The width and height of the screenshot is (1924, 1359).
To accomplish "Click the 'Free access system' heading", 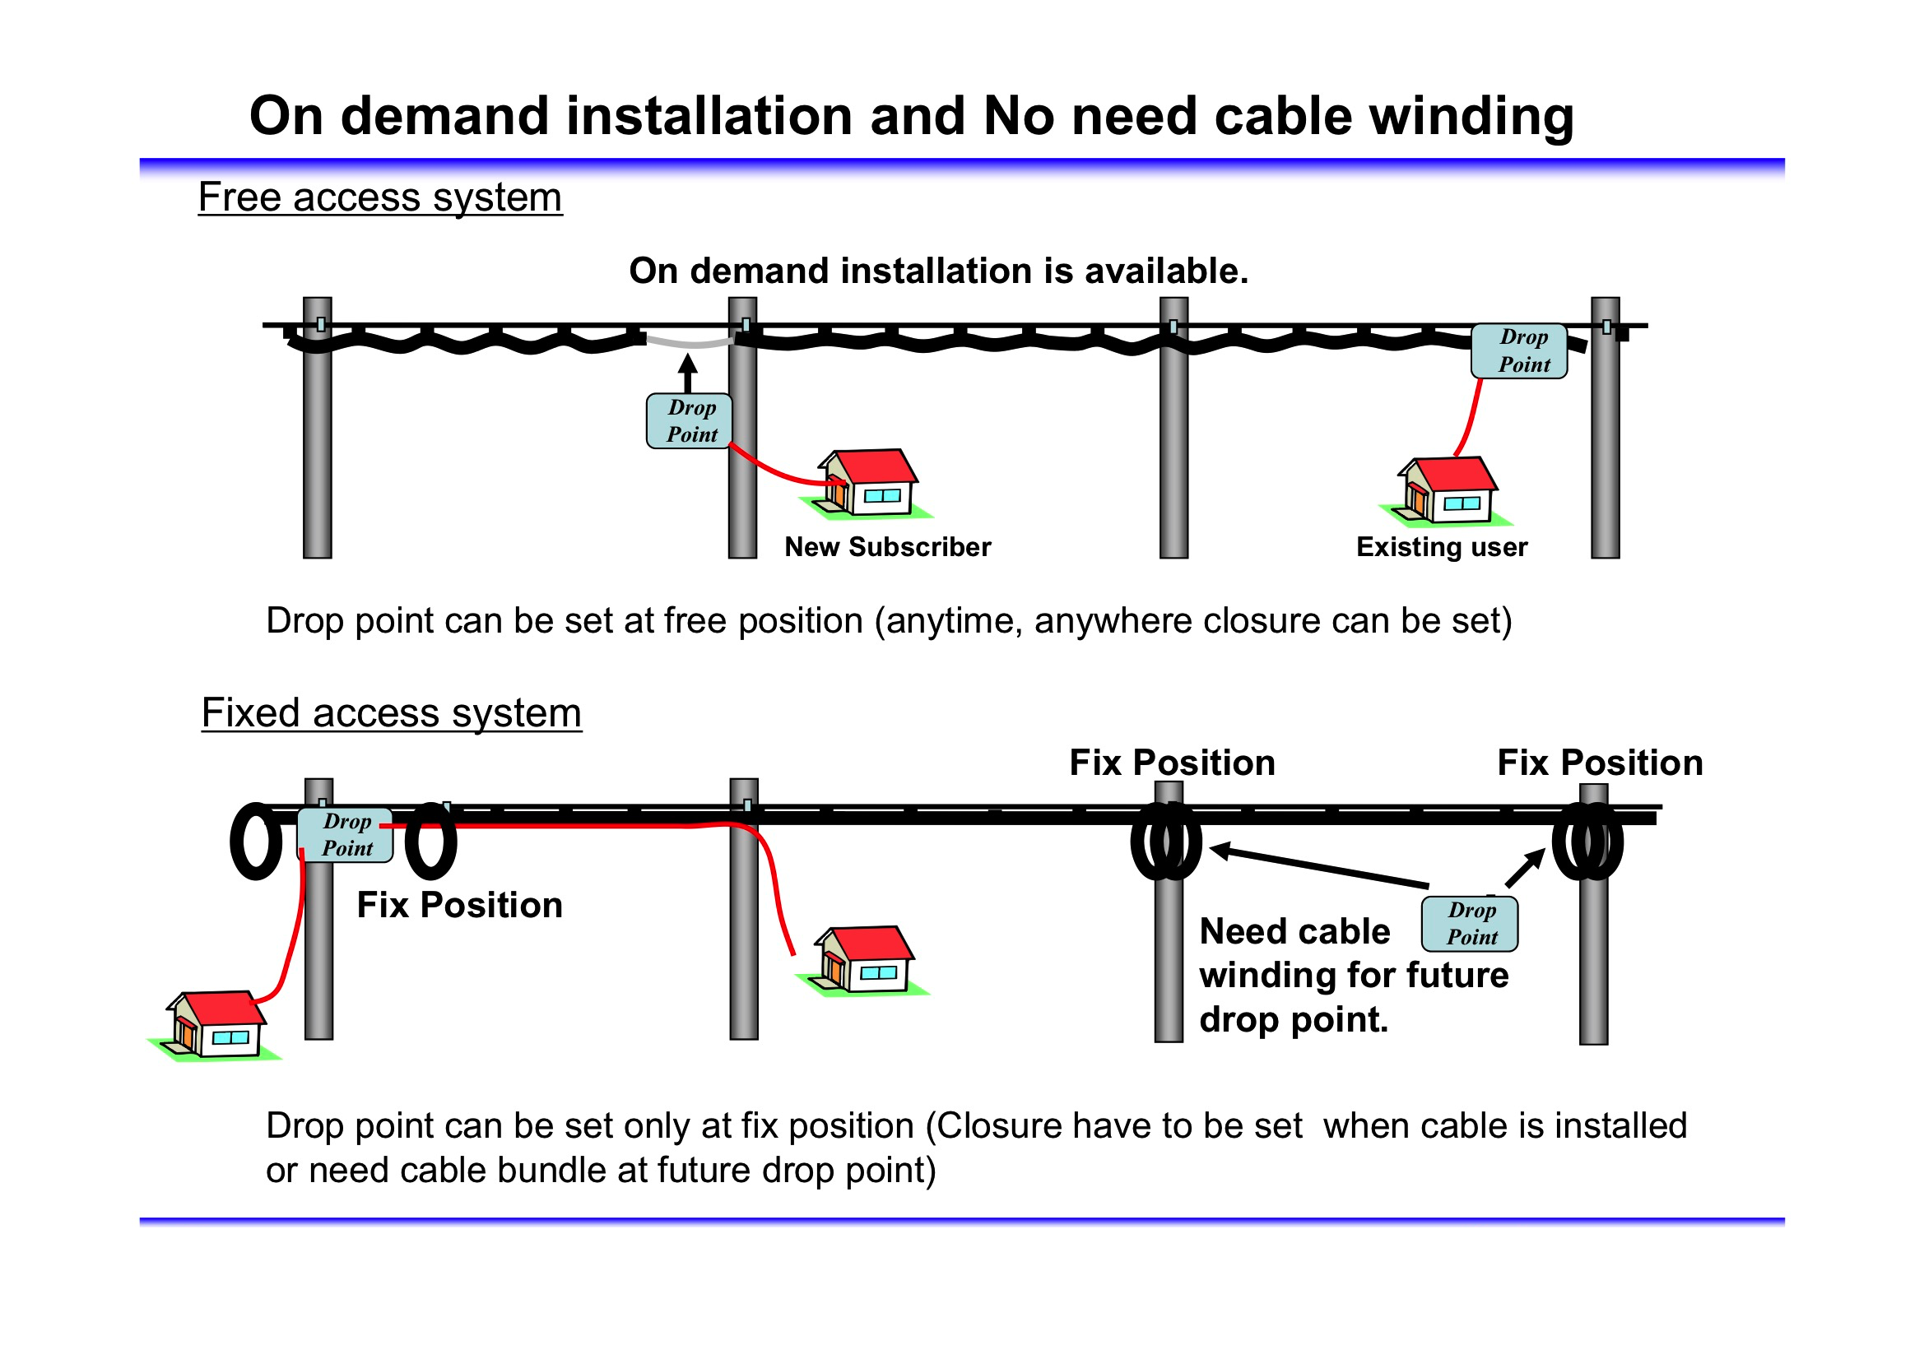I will pos(379,197).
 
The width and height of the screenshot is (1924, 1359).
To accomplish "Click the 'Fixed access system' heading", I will pos(392,713).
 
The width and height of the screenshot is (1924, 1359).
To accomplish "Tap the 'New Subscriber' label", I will pos(887,547).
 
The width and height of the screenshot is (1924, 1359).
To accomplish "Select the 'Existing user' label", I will pos(1441,547).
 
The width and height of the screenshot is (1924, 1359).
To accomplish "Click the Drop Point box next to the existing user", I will pos(1519,351).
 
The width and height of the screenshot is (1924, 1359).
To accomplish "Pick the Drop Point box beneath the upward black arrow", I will pos(690,420).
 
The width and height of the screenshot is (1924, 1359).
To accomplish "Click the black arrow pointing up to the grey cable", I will pos(688,373).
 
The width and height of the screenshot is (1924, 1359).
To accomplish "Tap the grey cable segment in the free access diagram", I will pos(690,342).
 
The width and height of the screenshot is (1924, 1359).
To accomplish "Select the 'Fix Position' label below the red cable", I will pos(459,905).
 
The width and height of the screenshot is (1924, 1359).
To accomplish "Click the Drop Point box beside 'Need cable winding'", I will pos(1470,923).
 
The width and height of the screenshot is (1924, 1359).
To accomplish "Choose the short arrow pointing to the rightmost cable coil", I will pos(1526,867).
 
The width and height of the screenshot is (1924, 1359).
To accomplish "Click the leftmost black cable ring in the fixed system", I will pos(256,841).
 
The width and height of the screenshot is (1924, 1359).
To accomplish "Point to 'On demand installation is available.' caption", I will pos(938,271).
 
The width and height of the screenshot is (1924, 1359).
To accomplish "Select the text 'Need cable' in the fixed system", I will pos(1294,932).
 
